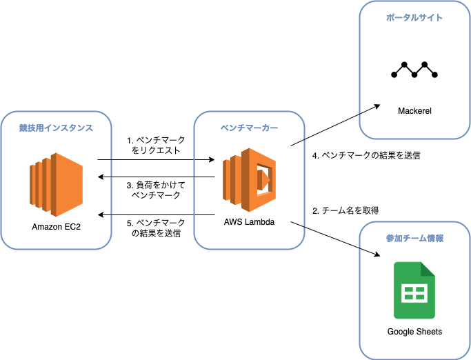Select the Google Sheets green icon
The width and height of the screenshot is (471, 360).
click(x=414, y=290)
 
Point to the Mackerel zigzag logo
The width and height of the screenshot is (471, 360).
click(x=414, y=69)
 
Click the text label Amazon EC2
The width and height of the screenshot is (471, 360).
click(x=56, y=226)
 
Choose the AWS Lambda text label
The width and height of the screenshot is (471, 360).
click(x=249, y=222)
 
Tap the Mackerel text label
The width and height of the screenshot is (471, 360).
click(x=414, y=110)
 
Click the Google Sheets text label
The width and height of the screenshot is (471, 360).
click(x=414, y=332)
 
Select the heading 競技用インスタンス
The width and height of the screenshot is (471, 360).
click(x=56, y=128)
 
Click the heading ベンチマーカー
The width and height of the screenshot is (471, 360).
click(x=249, y=128)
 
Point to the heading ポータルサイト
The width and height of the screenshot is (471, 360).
click(x=414, y=17)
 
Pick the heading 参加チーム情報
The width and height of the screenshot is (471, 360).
click(x=414, y=238)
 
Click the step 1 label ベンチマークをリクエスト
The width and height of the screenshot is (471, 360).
click(x=156, y=146)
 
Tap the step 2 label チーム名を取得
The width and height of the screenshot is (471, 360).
click(x=345, y=210)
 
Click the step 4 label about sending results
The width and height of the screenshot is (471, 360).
click(x=366, y=156)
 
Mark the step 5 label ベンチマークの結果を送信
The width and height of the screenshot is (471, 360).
click(x=156, y=228)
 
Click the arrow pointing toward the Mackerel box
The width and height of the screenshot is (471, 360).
click(x=336, y=125)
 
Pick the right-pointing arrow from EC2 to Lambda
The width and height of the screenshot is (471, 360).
click(x=156, y=160)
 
